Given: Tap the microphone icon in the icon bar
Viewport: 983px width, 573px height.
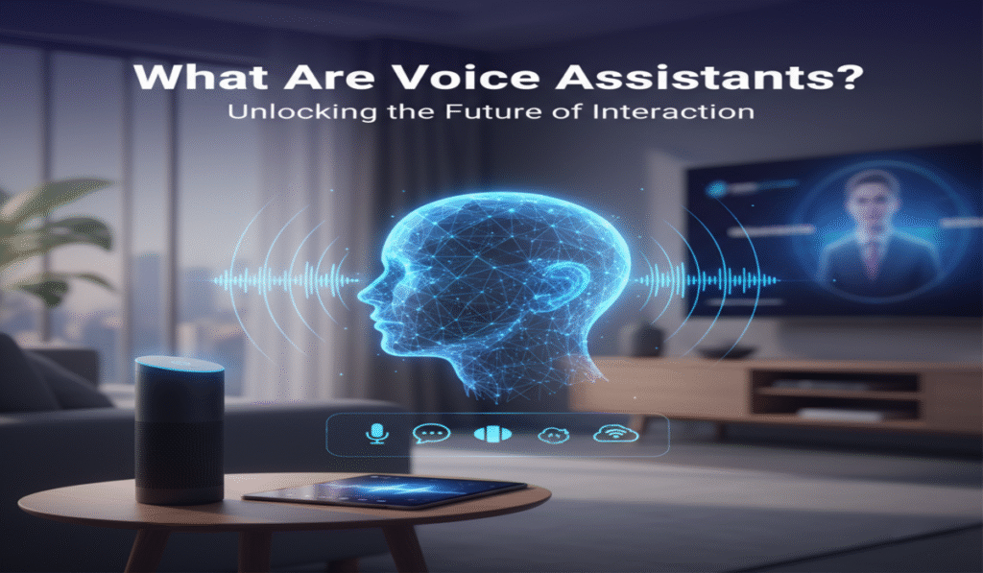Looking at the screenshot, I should pyautogui.click(x=373, y=434).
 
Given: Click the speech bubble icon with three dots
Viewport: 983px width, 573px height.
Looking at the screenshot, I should pyautogui.click(x=430, y=434).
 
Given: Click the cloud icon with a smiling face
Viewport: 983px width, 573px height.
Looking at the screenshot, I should pyautogui.click(x=554, y=434).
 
